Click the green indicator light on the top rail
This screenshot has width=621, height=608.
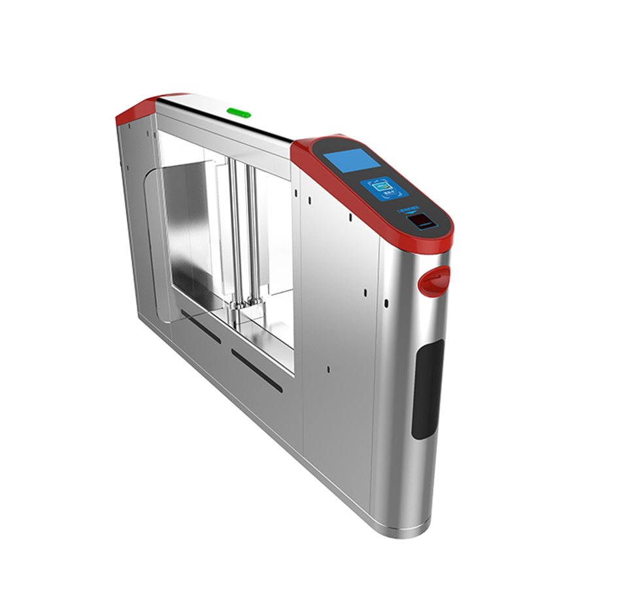(x=239, y=112)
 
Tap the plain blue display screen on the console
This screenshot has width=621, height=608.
(x=351, y=160)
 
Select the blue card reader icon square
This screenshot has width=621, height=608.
(x=384, y=190)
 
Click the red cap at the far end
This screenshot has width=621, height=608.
(x=141, y=111)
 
